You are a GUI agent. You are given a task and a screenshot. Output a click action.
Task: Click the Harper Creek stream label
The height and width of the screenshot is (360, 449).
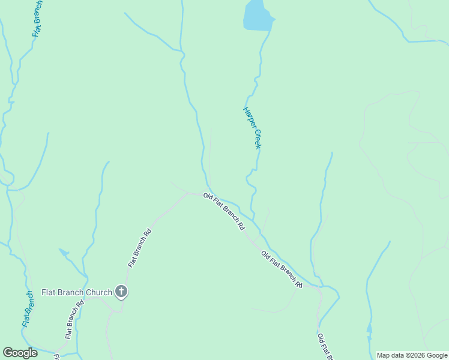coord(253,127)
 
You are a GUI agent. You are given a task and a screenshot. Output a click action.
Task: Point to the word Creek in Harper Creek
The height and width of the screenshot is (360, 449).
coord(258,139)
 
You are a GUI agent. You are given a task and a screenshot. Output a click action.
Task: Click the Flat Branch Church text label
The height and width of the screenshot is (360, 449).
coord(76,293)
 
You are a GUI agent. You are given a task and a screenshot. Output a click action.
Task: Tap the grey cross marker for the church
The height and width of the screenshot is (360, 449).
coord(121,292)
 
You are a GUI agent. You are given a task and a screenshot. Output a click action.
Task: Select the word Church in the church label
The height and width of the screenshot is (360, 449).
coord(99,293)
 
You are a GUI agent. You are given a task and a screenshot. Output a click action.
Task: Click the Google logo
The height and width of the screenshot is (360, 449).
coord(20,353)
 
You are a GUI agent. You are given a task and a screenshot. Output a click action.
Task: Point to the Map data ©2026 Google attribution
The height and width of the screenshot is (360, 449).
coord(412,355)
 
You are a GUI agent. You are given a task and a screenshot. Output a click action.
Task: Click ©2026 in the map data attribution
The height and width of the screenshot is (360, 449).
coord(415,355)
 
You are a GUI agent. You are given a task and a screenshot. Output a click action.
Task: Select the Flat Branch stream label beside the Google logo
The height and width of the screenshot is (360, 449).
coord(28,309)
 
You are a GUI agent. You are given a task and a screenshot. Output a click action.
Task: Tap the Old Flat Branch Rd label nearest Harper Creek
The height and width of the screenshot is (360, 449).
coord(224,212)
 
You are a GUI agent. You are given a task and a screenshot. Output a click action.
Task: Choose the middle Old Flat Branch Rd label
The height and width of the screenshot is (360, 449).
coord(282,269)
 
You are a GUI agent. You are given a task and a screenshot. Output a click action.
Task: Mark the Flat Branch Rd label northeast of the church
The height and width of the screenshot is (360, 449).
coord(139,247)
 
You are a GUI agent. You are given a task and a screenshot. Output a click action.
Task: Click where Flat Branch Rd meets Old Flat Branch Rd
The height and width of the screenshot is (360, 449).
coord(188,193)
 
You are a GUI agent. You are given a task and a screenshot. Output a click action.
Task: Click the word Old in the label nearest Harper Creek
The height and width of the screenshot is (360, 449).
coord(208,196)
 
